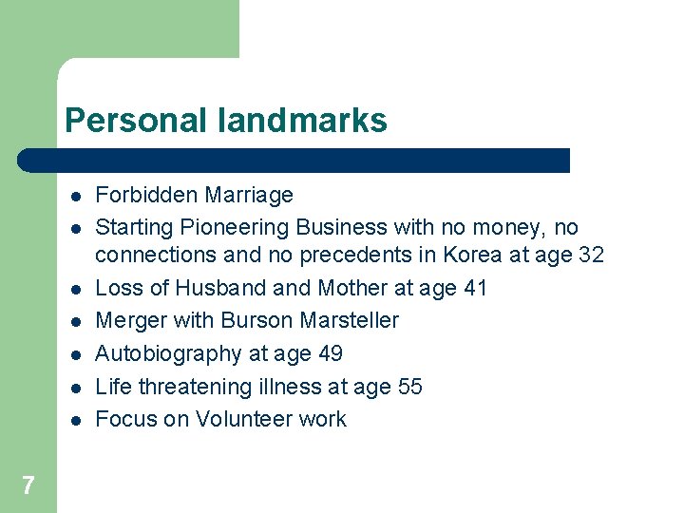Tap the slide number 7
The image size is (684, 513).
coord(28,486)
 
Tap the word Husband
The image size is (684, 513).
coord(215,288)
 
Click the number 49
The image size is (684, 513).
coord(329,354)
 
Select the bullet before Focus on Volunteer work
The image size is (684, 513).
coord(73,420)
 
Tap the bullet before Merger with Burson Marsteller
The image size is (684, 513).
coord(73,321)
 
